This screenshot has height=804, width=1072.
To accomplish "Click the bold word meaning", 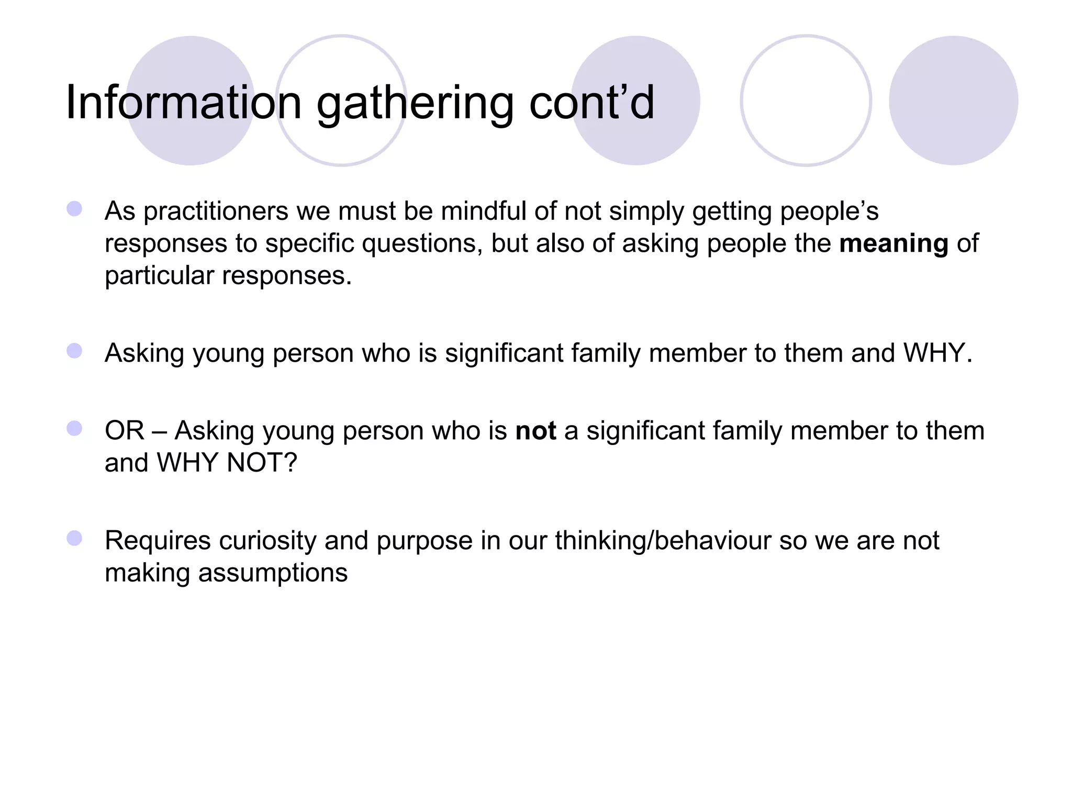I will click(894, 244).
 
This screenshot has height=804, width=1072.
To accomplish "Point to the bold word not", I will click(535, 431).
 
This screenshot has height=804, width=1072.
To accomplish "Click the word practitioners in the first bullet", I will click(216, 212).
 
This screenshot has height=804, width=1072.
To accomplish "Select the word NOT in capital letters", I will click(261, 463).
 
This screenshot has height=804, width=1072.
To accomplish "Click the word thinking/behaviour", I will click(663, 541).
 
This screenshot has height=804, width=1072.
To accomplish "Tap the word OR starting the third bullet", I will click(124, 431).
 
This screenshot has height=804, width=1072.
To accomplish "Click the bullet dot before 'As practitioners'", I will click(74, 209).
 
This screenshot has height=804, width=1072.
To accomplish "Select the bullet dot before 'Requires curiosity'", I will click(74, 538).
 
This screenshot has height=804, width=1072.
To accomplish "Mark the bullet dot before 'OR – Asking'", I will click(74, 429).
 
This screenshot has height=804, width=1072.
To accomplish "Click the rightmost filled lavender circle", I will click(953, 100).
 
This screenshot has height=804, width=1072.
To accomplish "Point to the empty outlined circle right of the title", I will click(806, 100).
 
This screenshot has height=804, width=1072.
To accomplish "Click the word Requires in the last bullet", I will click(158, 541).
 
